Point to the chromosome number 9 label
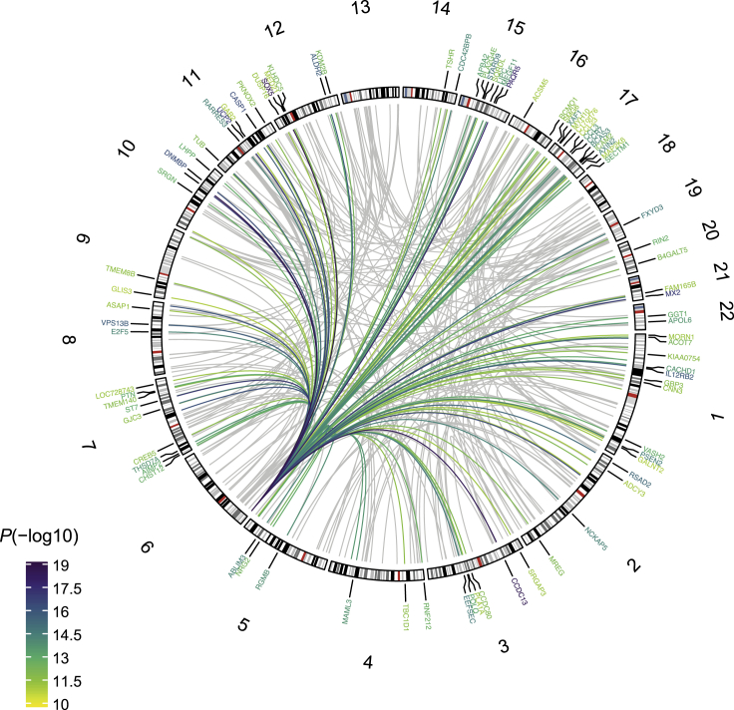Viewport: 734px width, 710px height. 84,241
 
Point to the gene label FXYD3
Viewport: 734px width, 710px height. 652,208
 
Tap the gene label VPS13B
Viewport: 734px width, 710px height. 118,324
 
